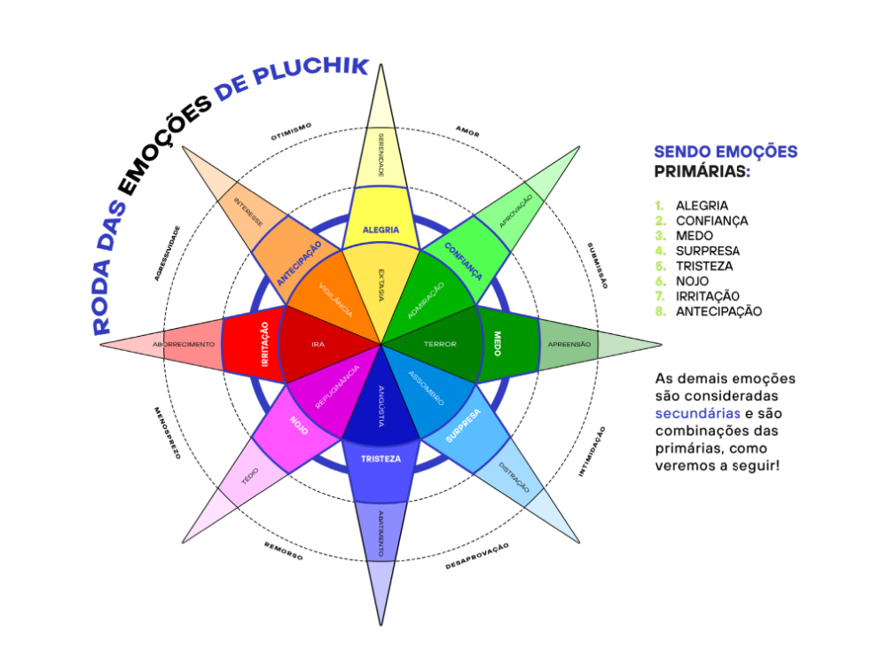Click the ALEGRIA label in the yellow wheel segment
(x=381, y=230)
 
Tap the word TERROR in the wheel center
(x=439, y=344)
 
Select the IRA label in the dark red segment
(x=318, y=344)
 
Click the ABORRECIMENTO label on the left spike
(x=184, y=344)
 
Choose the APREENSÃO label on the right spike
(x=569, y=344)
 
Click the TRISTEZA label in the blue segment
(x=381, y=459)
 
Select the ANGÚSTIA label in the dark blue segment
(x=381, y=405)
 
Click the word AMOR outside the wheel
(x=467, y=132)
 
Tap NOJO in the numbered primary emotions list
(x=692, y=281)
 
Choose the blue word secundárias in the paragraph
(x=696, y=413)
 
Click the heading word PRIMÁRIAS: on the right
(x=702, y=171)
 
